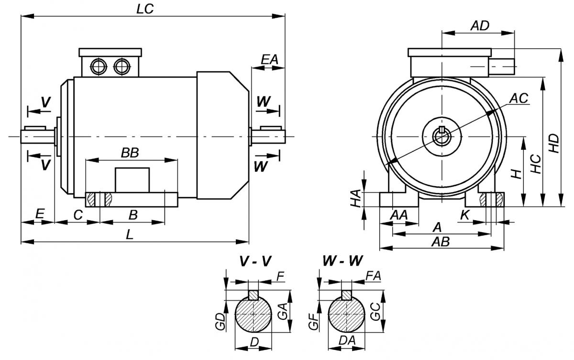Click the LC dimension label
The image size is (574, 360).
pos(144,9)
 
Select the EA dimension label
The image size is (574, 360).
pos(269,60)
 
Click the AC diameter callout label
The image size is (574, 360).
pos(518,98)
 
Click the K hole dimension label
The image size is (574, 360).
pos(464,215)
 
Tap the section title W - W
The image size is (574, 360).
pos(342,261)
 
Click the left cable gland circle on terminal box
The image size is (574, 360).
pos(99,67)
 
